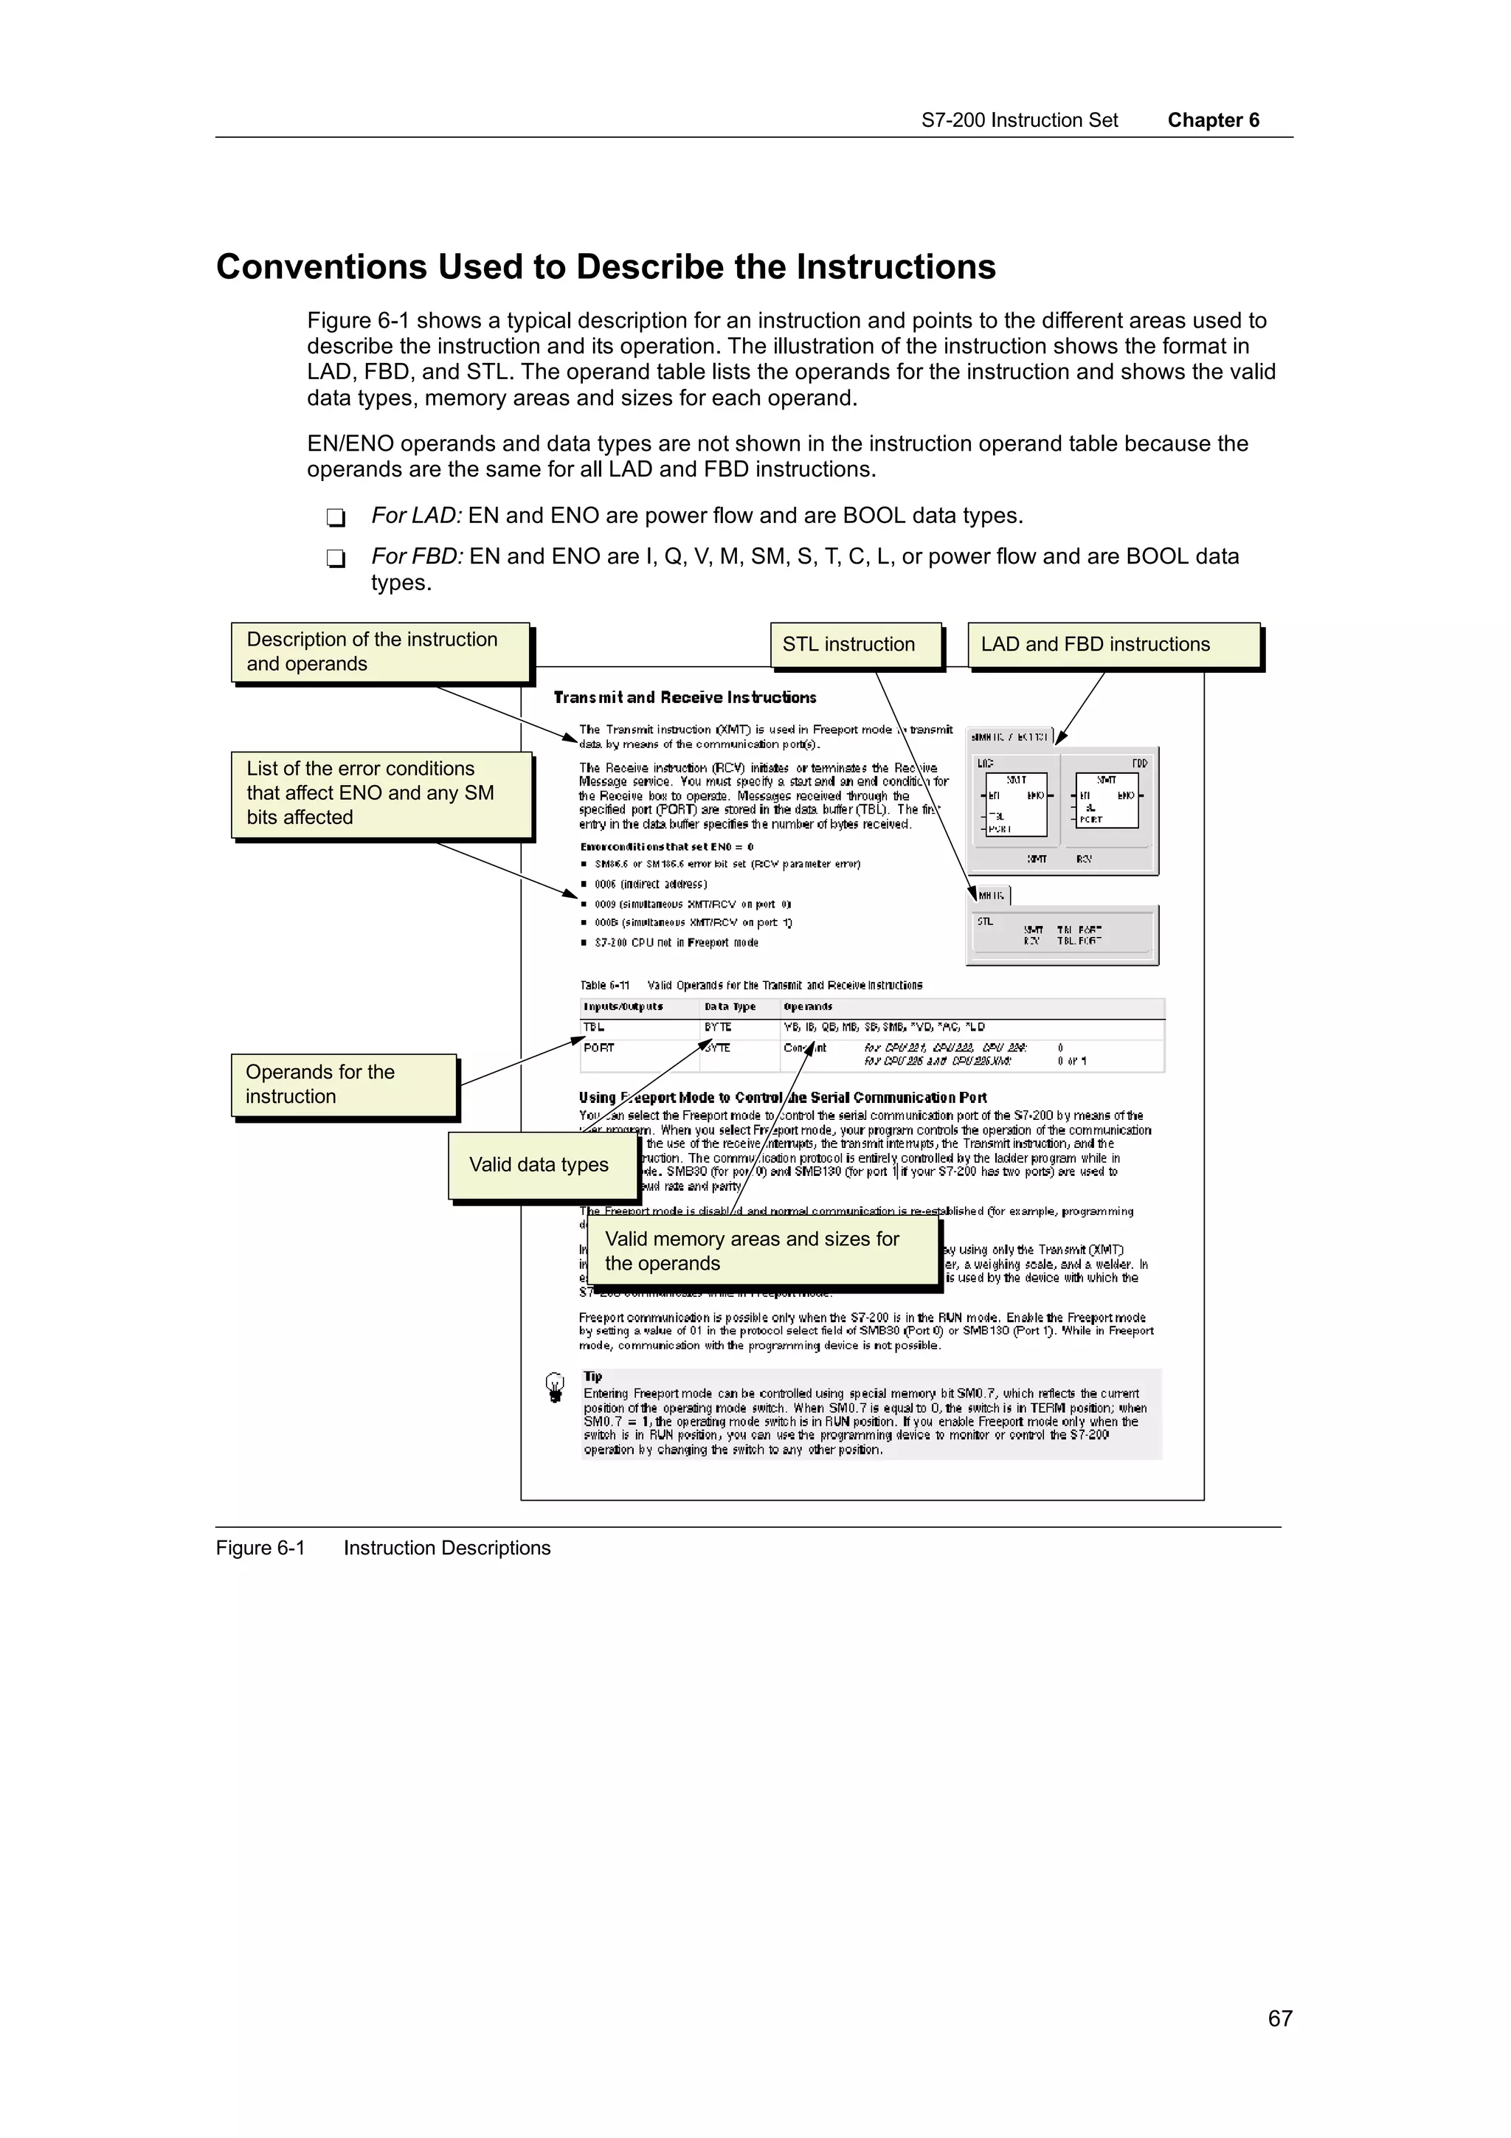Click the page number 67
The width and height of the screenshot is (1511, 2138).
(1279, 2018)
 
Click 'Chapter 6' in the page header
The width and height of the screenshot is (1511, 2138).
(1212, 120)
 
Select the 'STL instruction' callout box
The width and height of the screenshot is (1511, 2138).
(854, 644)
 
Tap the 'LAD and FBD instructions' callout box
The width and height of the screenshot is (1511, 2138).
(1113, 644)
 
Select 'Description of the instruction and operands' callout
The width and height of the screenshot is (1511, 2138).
(379, 652)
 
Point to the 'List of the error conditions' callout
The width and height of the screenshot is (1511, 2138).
(381, 793)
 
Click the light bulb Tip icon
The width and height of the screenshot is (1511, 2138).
(555, 1386)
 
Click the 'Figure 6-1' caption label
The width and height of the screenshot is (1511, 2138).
(260, 1548)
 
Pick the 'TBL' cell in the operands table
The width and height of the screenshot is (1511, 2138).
(594, 1027)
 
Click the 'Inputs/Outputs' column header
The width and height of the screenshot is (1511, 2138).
(623, 1006)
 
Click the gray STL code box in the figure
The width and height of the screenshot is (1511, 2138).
(1062, 935)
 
